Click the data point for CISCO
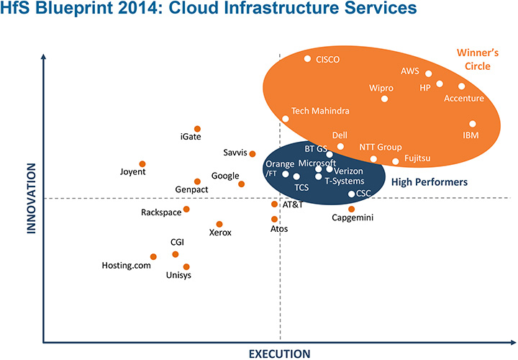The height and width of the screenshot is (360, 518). [x=307, y=59]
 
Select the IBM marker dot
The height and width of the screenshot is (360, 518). [x=473, y=124]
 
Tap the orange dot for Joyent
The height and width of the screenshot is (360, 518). [x=142, y=164]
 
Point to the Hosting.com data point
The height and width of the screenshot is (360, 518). [x=153, y=256]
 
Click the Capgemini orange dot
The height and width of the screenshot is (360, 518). [x=351, y=209]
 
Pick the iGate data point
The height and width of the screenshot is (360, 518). [x=197, y=128]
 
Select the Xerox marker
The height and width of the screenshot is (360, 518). [x=219, y=224]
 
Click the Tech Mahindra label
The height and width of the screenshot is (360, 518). [x=320, y=112]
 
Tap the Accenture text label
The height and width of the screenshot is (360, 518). [x=464, y=99]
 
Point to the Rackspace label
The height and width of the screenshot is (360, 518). [x=160, y=212]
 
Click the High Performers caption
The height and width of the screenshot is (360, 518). [x=430, y=183]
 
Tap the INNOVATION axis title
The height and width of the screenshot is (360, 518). [x=32, y=199]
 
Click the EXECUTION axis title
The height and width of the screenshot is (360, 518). [x=279, y=354]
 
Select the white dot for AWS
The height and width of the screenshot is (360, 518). [x=429, y=73]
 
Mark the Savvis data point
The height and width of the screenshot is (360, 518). [x=253, y=153]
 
